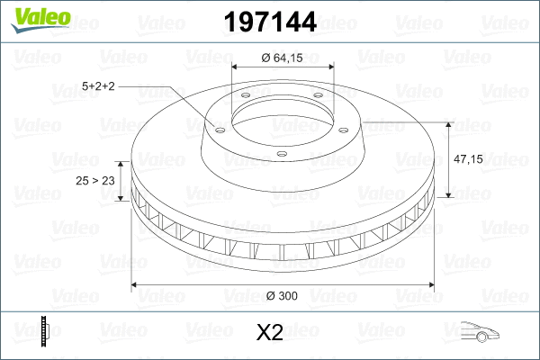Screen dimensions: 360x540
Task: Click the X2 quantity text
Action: pyautogui.click(x=270, y=333)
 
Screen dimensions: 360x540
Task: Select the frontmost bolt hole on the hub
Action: pyautogui.click(x=281, y=154)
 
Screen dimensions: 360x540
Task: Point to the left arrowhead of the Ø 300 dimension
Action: pyautogui.click(x=136, y=286)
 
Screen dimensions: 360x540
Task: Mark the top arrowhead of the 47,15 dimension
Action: pyautogui.click(x=449, y=123)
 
